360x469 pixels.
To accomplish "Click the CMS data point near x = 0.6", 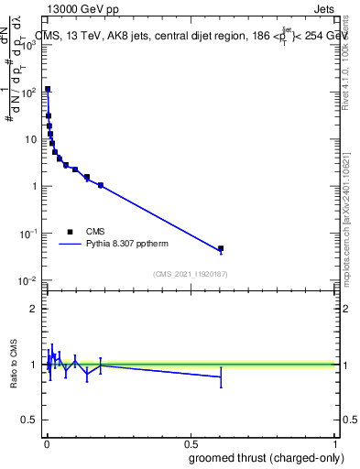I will [220, 248].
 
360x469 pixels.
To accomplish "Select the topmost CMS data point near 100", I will [48, 90].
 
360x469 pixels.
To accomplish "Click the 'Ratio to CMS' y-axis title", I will [14, 365].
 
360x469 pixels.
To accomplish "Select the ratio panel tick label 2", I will [35, 309].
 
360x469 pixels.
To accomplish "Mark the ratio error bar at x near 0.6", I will [220, 376].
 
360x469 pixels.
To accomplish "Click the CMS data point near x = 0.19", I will [101, 185].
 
